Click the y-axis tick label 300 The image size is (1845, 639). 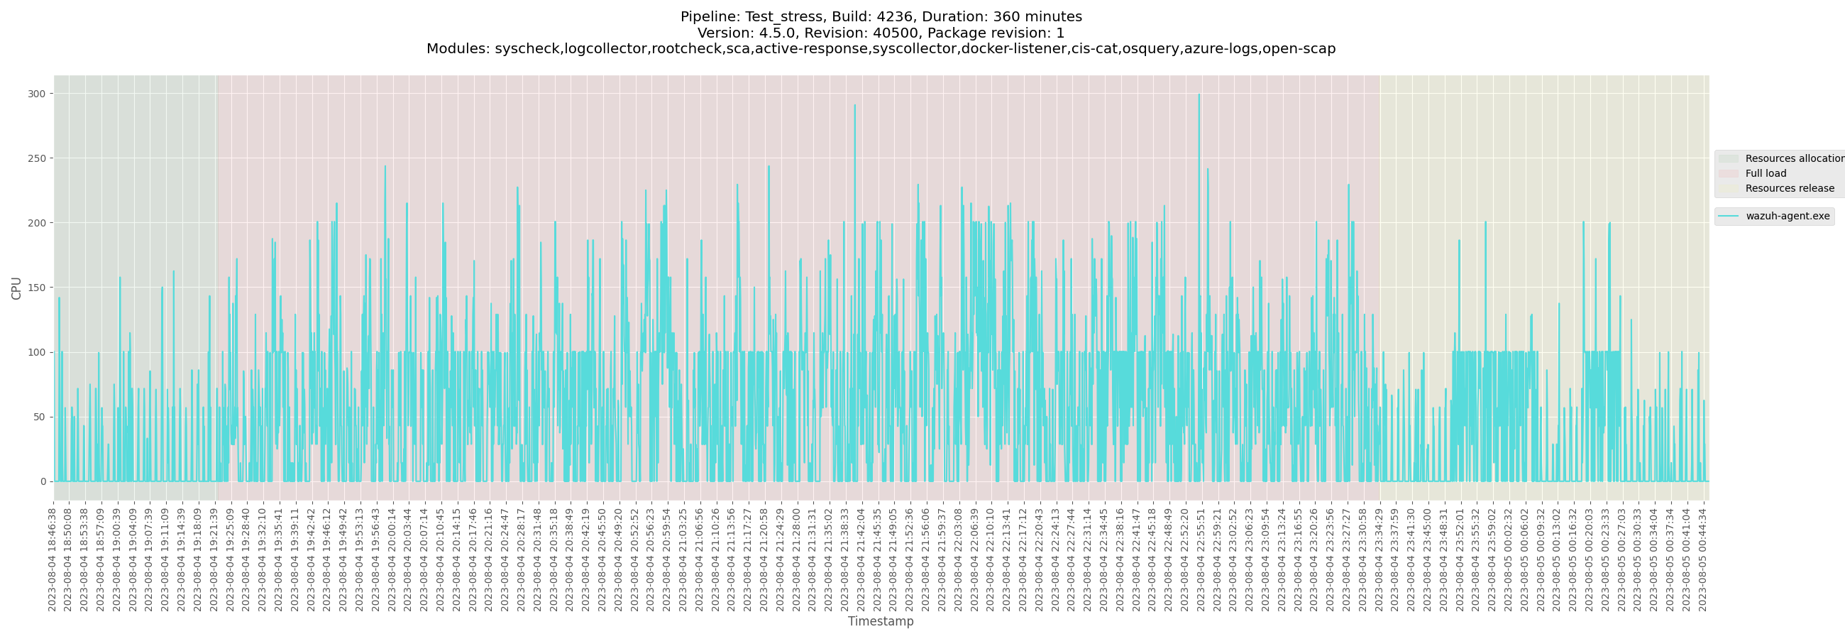[x=37, y=94]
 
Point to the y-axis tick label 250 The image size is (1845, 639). [x=37, y=158]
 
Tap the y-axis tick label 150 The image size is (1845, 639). [x=37, y=288]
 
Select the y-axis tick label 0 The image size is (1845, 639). [x=43, y=481]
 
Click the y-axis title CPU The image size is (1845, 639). [x=16, y=288]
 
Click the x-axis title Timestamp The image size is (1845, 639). [x=880, y=621]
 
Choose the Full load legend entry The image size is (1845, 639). [x=1766, y=173]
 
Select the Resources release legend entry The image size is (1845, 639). [x=1789, y=188]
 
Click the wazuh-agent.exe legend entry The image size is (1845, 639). [x=1787, y=217]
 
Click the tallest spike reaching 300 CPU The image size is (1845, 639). [x=1199, y=95]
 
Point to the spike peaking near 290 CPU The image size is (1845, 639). [x=854, y=106]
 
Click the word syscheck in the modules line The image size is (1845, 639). [x=527, y=49]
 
